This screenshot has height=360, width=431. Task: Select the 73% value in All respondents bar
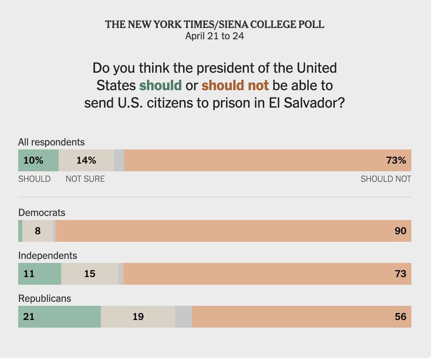click(x=396, y=160)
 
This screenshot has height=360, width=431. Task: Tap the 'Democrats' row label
click(x=42, y=212)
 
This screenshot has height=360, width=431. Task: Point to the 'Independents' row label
click(x=48, y=255)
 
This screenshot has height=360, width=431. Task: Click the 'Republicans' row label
click(x=45, y=299)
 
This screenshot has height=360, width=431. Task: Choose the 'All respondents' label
click(x=51, y=142)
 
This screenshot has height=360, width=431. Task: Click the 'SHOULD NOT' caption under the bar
click(x=385, y=179)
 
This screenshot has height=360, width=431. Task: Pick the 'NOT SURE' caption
click(x=85, y=179)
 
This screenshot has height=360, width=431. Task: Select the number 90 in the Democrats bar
click(x=400, y=231)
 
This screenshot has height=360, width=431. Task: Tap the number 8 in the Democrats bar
click(x=37, y=231)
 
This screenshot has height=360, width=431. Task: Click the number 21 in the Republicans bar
click(x=29, y=317)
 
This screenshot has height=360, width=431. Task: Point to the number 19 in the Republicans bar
click(x=138, y=317)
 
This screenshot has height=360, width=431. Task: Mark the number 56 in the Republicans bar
click(x=400, y=317)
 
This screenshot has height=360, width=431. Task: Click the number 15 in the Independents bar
click(x=90, y=274)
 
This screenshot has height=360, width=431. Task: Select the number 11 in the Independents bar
click(x=29, y=274)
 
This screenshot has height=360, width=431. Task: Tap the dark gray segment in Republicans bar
click(x=183, y=317)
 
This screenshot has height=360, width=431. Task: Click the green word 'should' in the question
click(x=161, y=85)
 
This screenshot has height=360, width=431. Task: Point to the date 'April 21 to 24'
click(x=215, y=36)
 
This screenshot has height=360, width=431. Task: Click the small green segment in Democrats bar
click(x=20, y=231)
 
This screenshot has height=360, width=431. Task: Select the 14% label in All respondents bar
click(x=86, y=160)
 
